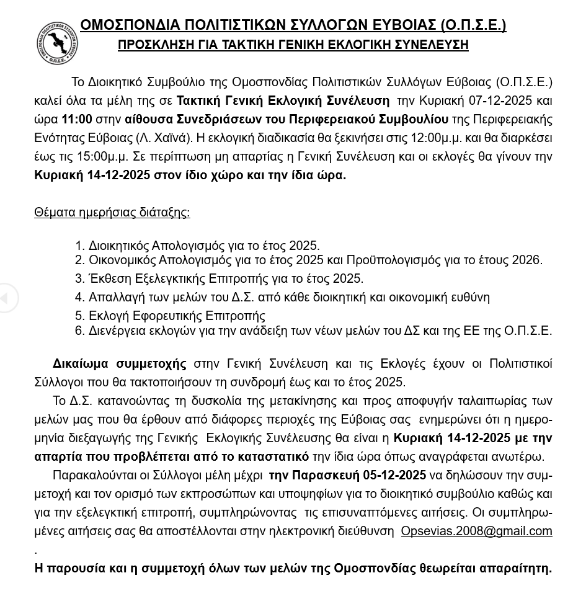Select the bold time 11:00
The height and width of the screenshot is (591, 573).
77,119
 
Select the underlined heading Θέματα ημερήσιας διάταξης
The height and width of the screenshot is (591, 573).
112,213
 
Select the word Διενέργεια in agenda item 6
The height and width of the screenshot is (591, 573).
118,331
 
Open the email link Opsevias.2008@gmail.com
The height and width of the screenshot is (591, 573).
476,531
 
